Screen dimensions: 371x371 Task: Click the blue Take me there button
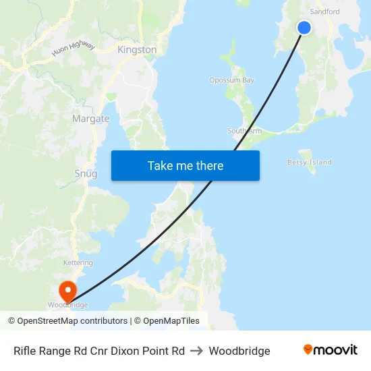click(x=185, y=165)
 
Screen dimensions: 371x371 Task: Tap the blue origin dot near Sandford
click(x=304, y=28)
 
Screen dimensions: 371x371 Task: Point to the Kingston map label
click(x=137, y=50)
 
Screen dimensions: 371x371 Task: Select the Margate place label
click(x=90, y=119)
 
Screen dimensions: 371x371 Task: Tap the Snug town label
click(x=86, y=173)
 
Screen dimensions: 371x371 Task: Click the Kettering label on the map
click(x=78, y=262)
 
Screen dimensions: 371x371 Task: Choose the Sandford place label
click(x=324, y=11)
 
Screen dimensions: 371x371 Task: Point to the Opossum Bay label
click(x=231, y=80)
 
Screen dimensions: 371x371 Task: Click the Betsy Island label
click(x=310, y=163)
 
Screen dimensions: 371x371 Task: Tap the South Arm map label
click(x=244, y=131)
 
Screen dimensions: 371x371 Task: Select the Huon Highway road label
click(x=74, y=49)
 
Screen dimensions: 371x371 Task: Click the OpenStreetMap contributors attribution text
click(x=72, y=321)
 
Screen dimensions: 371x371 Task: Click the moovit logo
click(x=331, y=349)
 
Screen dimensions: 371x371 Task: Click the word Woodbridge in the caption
click(x=239, y=351)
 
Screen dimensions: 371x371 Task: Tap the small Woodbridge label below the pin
click(x=67, y=305)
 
